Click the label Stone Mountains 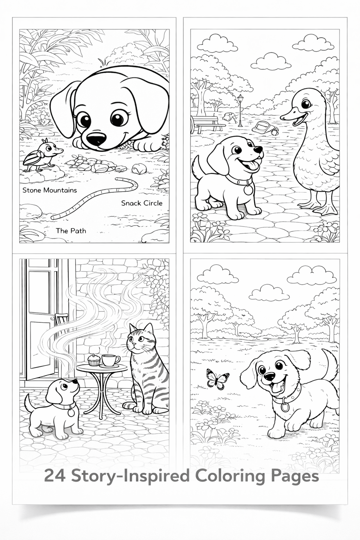50,190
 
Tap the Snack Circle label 142,203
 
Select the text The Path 71,231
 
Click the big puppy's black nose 95,140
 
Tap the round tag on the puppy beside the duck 249,189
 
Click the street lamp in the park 240,109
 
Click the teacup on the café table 110,360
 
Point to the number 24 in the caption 55,477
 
